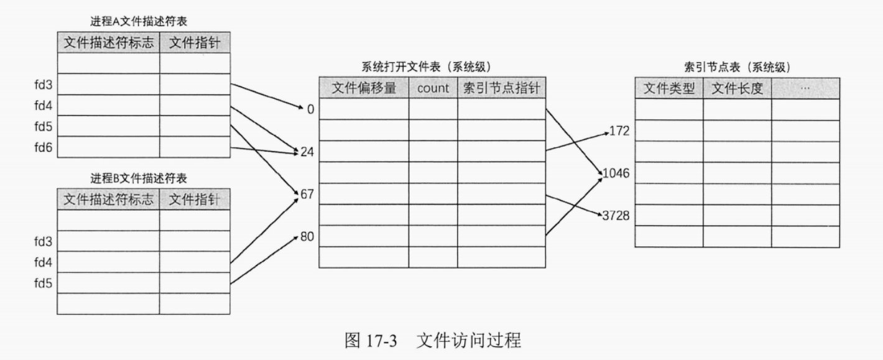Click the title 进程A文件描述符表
[x=139, y=21]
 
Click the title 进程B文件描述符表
[x=139, y=178]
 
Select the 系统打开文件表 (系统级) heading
[x=430, y=67]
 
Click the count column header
[x=433, y=88]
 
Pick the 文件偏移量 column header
[x=364, y=88]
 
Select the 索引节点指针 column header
[x=501, y=88]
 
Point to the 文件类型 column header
[x=668, y=89]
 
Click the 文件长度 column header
[x=737, y=89]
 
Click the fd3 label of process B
[x=44, y=241]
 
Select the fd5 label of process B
[x=44, y=284]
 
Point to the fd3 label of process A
[x=44, y=85]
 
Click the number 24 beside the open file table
[x=307, y=152]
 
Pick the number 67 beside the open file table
[x=307, y=195]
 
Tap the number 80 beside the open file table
[x=307, y=237]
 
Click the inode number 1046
[x=617, y=173]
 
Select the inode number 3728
[x=617, y=216]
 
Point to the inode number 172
[x=620, y=131]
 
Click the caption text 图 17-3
[x=371, y=341]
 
